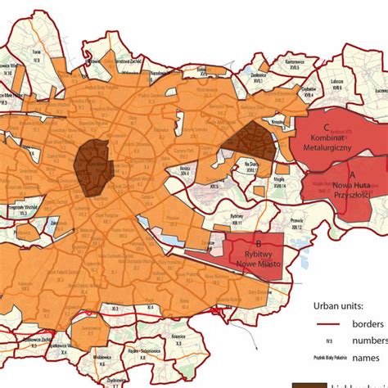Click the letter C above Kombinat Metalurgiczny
tap(327, 127)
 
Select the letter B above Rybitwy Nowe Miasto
tap(258, 243)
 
